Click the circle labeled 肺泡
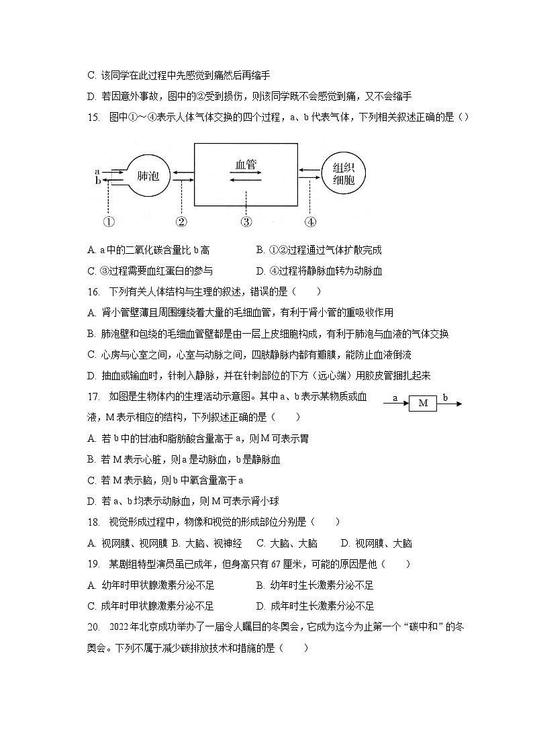tap(148, 176)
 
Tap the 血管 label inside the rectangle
tap(246, 164)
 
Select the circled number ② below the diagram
tap(181, 222)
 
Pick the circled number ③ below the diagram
tap(246, 222)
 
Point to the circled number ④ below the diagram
tap(310, 222)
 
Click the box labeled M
tap(423, 403)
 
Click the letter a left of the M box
tap(395, 397)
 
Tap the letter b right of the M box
tap(445, 397)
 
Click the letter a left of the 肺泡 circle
tap(98, 172)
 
